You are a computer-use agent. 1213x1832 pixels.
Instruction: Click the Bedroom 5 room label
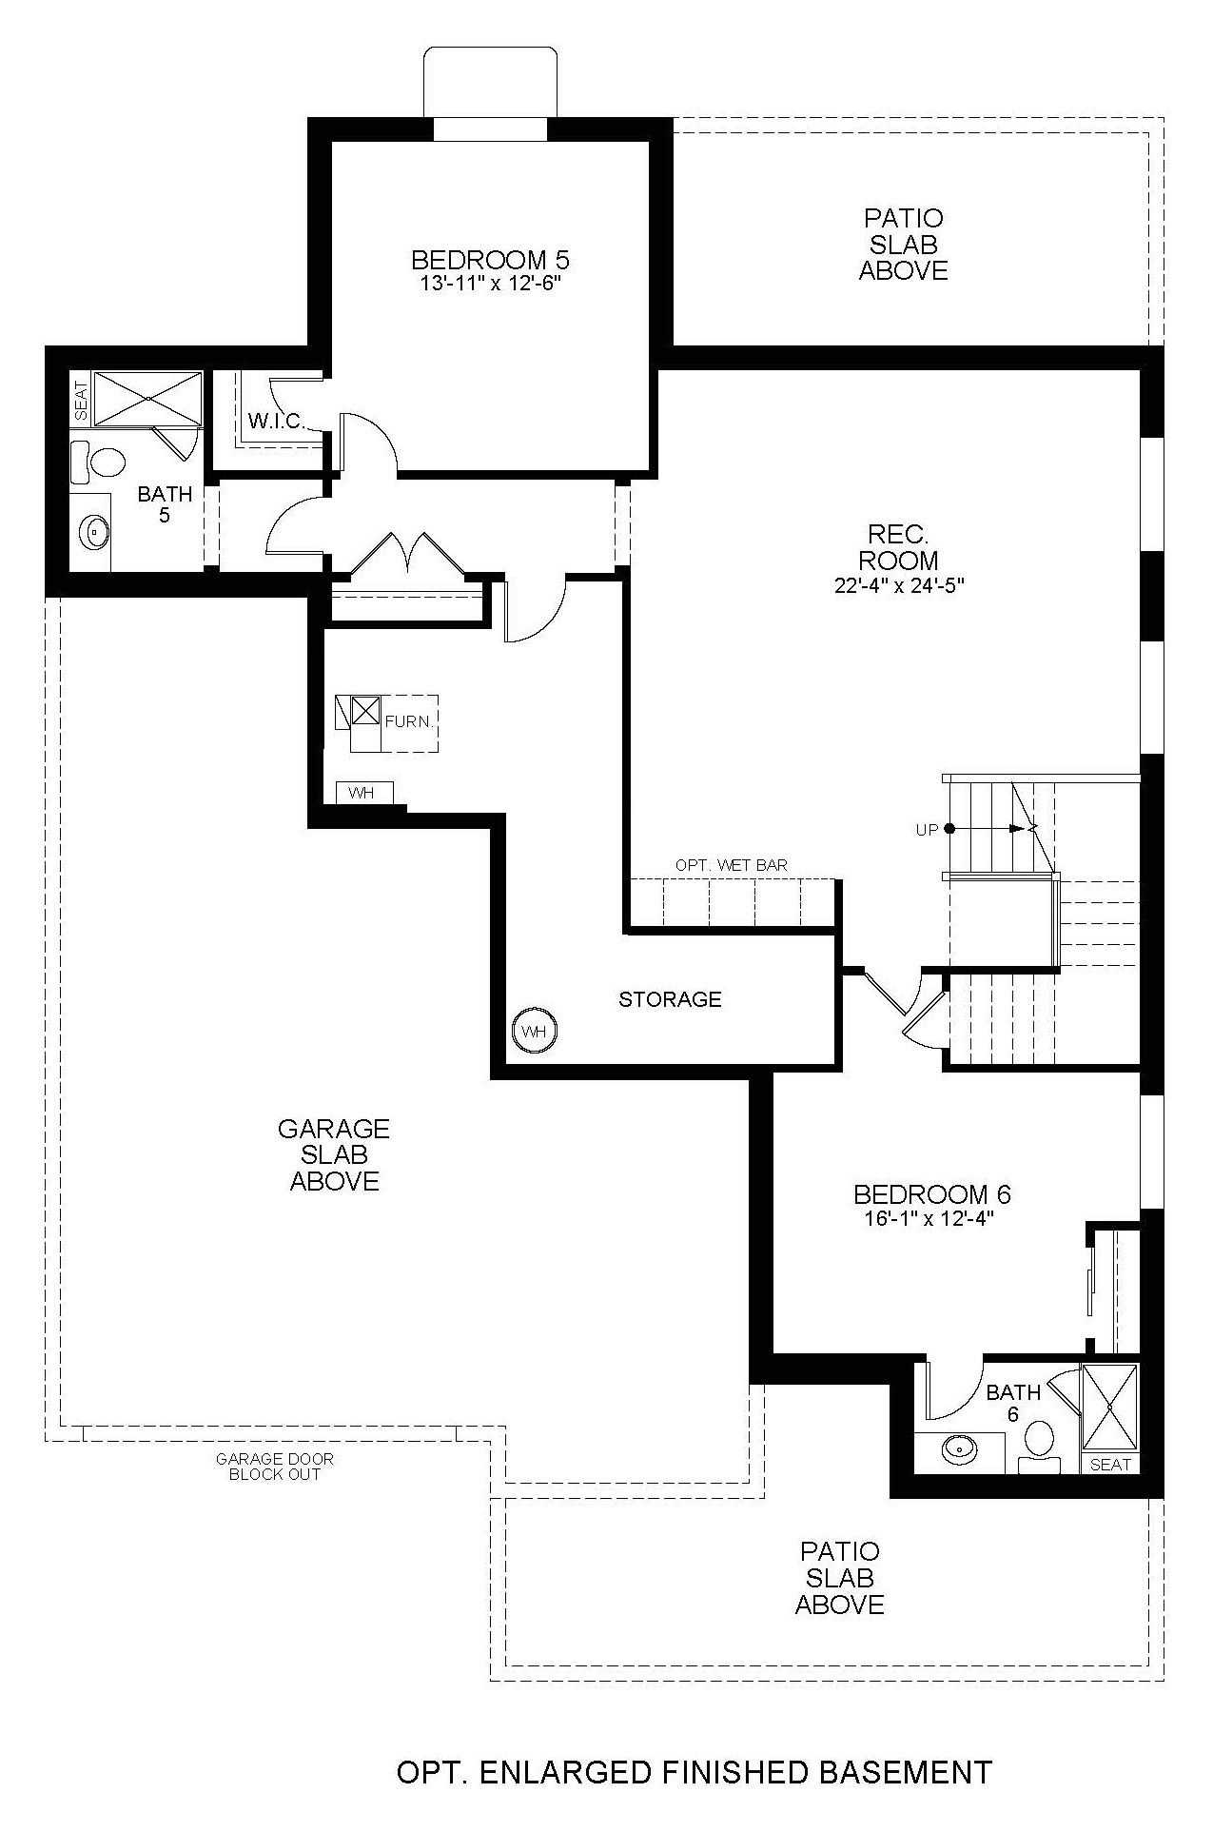coord(490,260)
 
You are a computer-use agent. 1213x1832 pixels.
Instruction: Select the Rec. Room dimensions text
coord(900,586)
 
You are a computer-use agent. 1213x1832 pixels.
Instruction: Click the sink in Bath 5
coord(93,531)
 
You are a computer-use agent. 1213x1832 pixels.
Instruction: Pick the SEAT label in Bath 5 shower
coord(80,400)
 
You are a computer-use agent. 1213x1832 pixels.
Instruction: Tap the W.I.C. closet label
coord(276,421)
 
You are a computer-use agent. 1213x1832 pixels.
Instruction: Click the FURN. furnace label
coord(409,721)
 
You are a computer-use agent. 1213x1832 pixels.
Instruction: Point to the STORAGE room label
coord(670,999)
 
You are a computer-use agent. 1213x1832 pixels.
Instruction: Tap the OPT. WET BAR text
coord(731,865)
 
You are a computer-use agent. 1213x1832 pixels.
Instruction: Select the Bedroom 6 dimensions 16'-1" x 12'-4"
coord(929,1218)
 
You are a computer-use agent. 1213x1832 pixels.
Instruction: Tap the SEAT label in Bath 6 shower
coord(1110,1465)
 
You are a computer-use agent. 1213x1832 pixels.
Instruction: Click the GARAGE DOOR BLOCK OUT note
coord(275,1467)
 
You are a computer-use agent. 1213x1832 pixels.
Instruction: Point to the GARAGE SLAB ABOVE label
coord(334,1154)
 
